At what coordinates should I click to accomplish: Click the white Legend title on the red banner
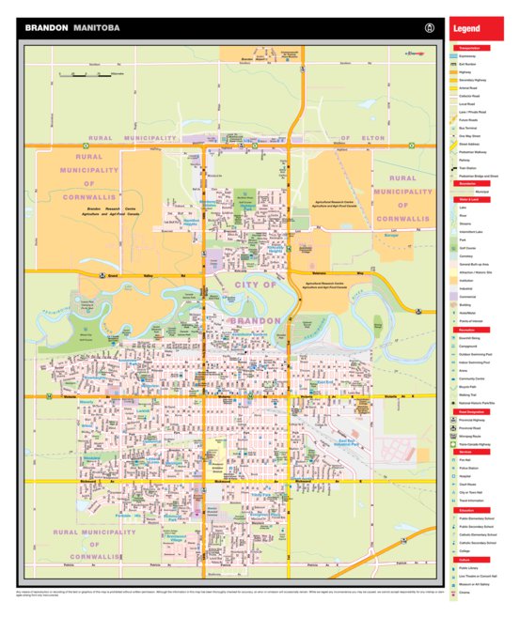[467, 29]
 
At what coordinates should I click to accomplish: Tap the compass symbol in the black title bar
[430, 28]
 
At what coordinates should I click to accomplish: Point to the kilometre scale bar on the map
[102, 73]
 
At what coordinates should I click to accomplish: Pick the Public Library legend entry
[474, 567]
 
